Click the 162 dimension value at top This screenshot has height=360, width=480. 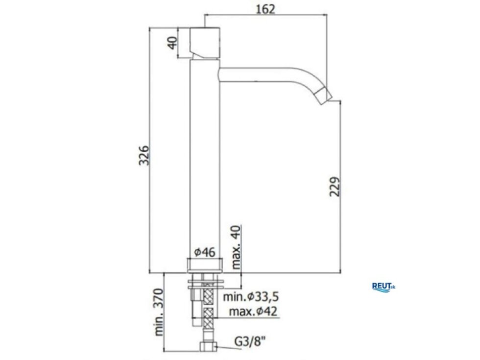[x=265, y=9]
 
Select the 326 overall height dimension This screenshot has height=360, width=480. [x=144, y=156]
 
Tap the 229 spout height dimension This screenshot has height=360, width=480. [x=335, y=187]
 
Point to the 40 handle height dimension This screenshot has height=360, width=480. [x=172, y=43]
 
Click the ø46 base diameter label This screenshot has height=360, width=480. [x=205, y=252]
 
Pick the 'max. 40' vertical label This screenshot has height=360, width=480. [x=236, y=247]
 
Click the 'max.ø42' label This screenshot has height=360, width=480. [x=253, y=312]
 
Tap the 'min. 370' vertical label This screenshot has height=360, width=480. [x=159, y=312]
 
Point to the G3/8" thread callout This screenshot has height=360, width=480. [x=250, y=341]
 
